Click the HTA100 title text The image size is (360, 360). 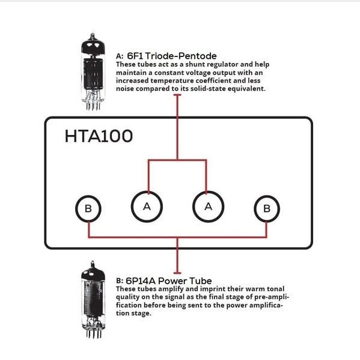pos(99,136)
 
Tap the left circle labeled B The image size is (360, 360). pos(88,209)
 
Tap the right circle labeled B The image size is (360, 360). pos(267,209)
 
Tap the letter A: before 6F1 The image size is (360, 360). pos(119,56)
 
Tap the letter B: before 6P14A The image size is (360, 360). pos(119,281)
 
